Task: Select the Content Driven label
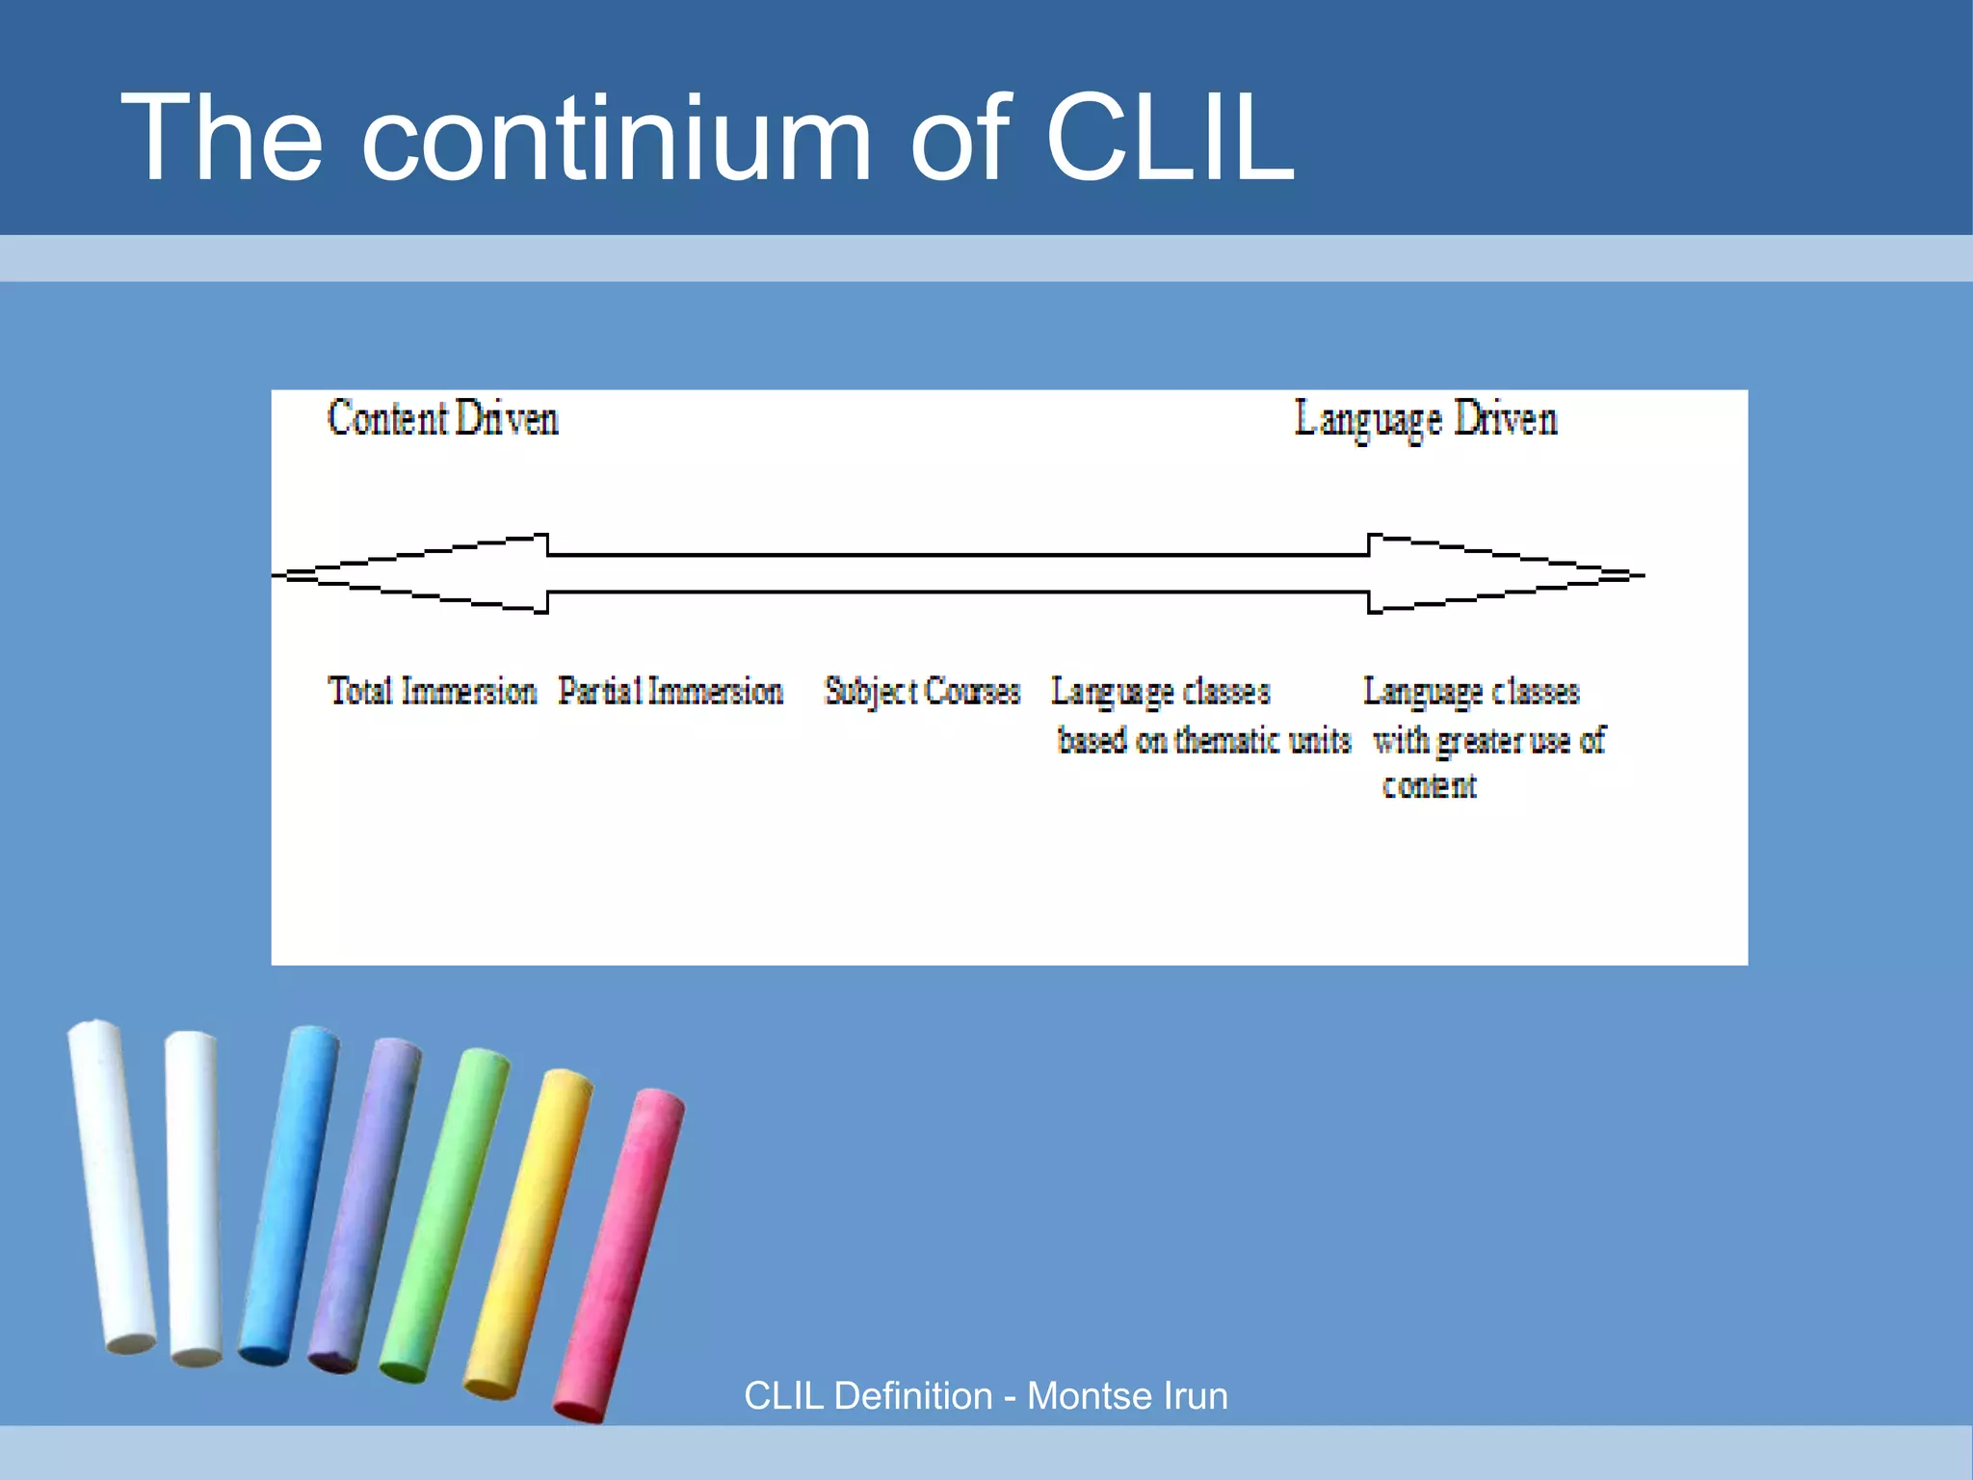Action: click(x=443, y=419)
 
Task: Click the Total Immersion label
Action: click(x=432, y=692)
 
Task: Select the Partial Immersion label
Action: click(x=671, y=692)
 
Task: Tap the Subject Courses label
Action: click(x=922, y=692)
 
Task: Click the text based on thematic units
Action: click(x=1204, y=741)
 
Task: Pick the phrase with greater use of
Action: click(x=1489, y=741)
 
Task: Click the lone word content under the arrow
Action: click(x=1430, y=786)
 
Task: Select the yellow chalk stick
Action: click(x=528, y=1233)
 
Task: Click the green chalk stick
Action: click(x=443, y=1214)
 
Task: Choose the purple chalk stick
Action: click(x=364, y=1204)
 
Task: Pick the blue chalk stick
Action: click(x=289, y=1195)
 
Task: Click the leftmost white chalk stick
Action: click(x=111, y=1185)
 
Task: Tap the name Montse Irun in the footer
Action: click(x=1127, y=1396)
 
